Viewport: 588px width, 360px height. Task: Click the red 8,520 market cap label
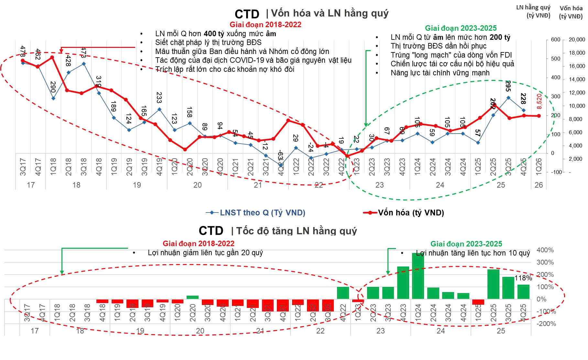(539, 101)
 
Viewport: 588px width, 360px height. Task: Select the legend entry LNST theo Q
(256, 213)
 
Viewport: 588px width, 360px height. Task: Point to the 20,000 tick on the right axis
(577, 40)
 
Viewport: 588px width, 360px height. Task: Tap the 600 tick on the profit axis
(555, 40)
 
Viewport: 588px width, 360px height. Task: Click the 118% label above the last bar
(523, 278)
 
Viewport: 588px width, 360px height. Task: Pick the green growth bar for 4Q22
(343, 293)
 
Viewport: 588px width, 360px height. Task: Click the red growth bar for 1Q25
(478, 302)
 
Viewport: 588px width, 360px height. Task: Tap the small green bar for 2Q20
(192, 297)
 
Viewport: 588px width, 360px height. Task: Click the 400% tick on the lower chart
(545, 250)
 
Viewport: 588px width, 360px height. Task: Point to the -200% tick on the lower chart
(547, 324)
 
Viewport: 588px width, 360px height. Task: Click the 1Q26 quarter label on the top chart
(539, 167)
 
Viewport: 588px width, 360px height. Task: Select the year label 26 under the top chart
(539, 185)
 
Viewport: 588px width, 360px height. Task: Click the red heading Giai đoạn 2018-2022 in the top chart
(265, 25)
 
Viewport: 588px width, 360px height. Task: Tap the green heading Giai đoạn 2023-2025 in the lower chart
(466, 244)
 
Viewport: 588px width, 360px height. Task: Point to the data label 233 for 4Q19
(159, 97)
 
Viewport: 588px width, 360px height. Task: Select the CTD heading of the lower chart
(211, 231)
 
